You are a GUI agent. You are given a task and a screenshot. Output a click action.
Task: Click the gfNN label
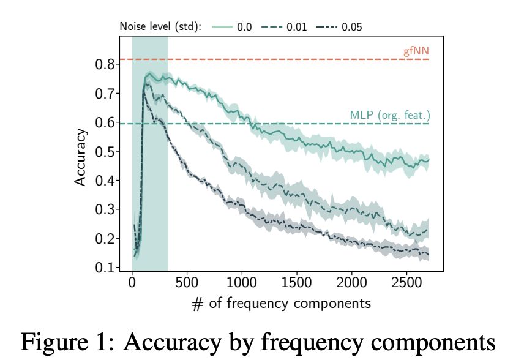pos(416,51)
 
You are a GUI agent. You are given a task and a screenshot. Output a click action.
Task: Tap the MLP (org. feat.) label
pos(390,115)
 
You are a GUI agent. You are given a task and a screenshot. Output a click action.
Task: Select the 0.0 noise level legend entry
pos(236,27)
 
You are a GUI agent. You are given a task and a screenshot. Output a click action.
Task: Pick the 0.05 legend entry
pos(345,27)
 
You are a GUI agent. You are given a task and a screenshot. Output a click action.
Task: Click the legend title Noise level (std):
pos(160,27)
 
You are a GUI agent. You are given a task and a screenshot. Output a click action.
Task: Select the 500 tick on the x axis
pos(187,283)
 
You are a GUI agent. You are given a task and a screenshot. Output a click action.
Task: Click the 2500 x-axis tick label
pos(406,283)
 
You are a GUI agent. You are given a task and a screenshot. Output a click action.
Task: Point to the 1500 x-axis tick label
pos(296,283)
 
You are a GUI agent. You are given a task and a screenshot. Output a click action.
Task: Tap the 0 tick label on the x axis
pos(132,283)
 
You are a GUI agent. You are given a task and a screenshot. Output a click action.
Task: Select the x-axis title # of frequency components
pos(281,303)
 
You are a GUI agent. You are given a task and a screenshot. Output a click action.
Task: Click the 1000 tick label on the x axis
pos(242,283)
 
